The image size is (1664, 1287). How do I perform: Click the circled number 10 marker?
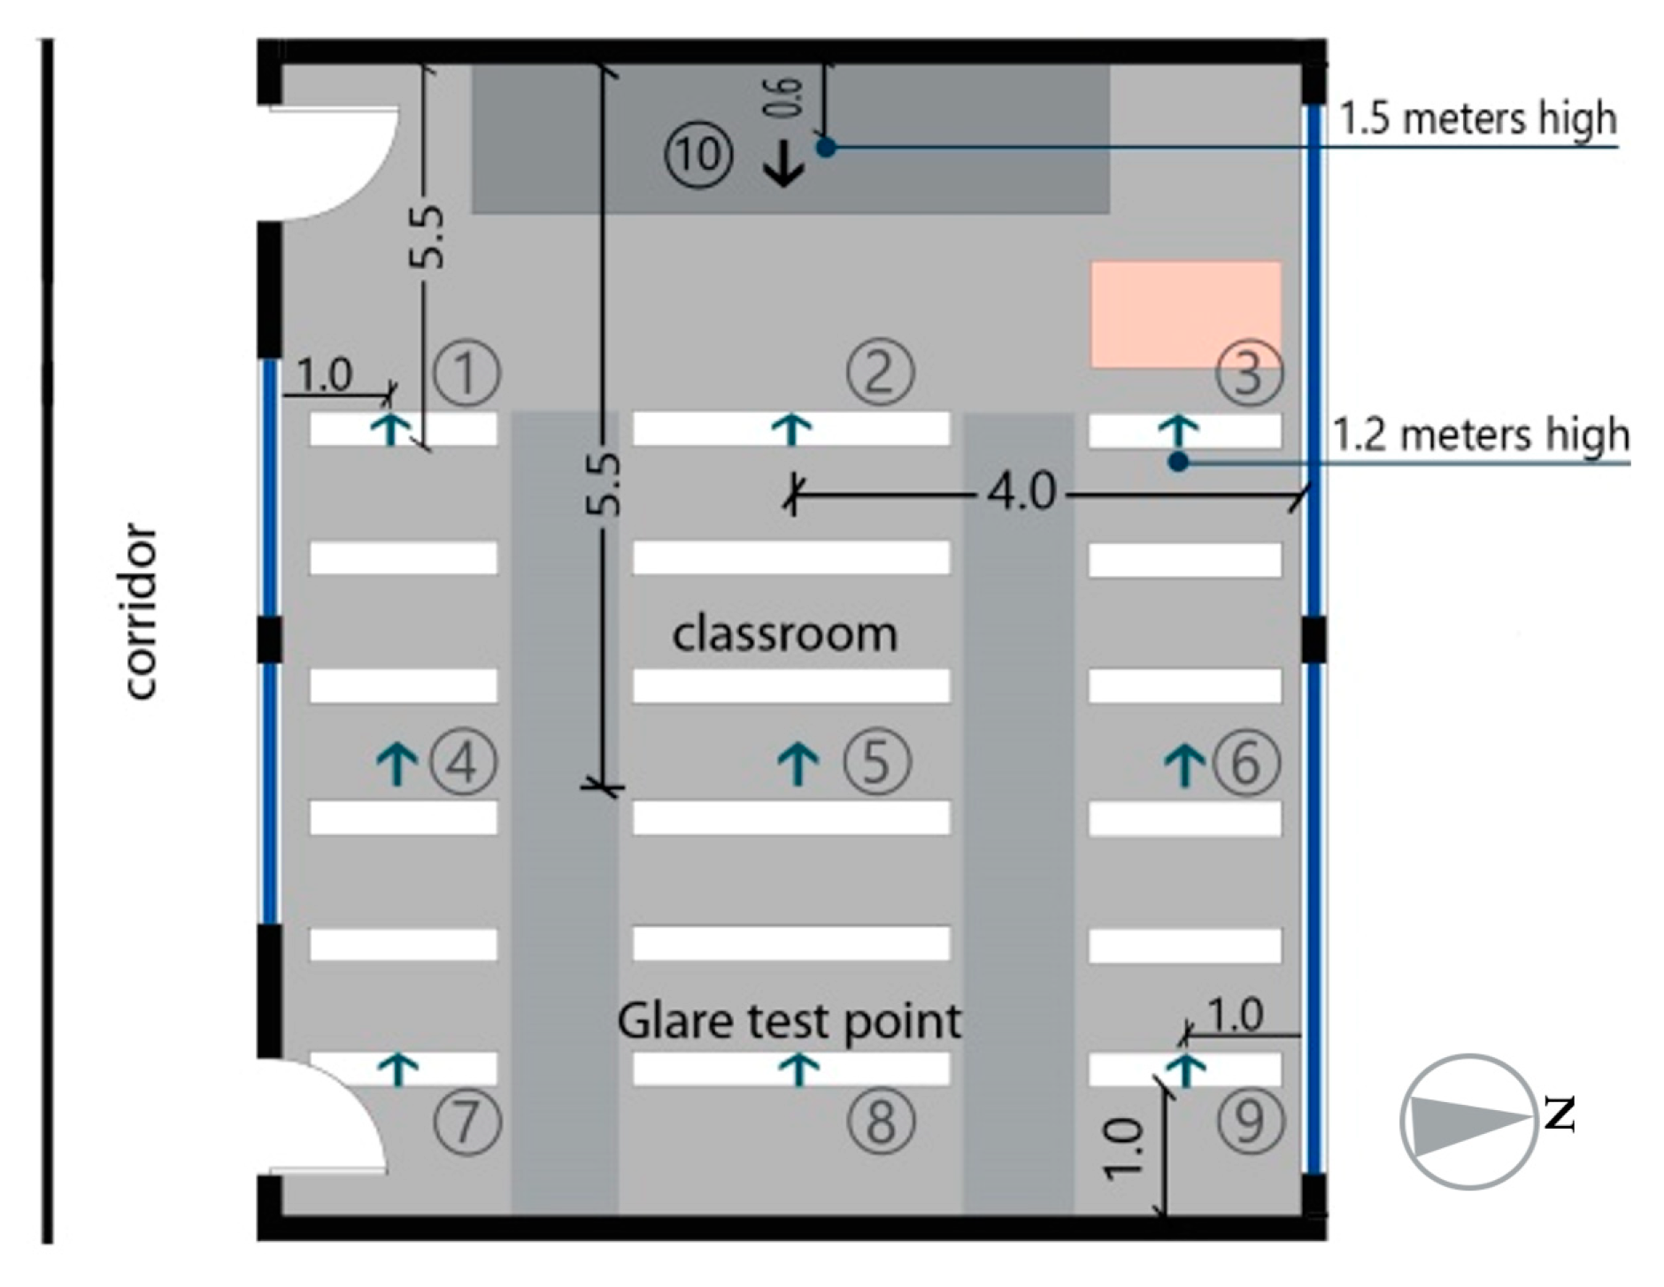click(699, 155)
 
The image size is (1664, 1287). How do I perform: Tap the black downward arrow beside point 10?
click(784, 165)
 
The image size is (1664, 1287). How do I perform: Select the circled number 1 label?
click(466, 372)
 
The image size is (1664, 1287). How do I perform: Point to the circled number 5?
click(876, 761)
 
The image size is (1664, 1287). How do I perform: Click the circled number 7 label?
click(467, 1122)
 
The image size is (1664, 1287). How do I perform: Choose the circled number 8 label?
click(880, 1122)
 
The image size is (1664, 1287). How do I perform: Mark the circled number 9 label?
click(1250, 1122)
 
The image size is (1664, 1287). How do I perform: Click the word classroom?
click(785, 634)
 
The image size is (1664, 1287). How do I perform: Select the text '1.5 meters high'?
click(1477, 119)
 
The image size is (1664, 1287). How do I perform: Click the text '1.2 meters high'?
click(1481, 434)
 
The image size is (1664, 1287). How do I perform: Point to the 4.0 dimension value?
click(1021, 491)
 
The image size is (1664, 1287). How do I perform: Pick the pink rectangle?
click(1186, 314)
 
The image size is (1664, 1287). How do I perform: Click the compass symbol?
click(1468, 1121)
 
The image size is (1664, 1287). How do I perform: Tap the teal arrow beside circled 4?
click(397, 763)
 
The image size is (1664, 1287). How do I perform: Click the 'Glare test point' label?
click(789, 1022)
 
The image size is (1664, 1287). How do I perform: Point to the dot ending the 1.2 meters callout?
click(1177, 462)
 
